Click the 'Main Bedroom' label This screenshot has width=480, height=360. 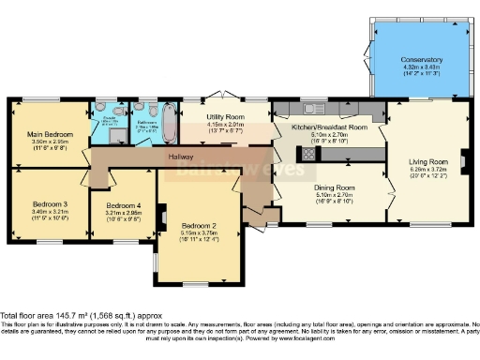(x=46, y=134)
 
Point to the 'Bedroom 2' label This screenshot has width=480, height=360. (x=200, y=226)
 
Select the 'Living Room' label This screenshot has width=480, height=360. (x=427, y=161)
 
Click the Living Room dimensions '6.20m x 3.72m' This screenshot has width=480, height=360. (x=427, y=171)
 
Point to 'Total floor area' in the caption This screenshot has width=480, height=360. (x=29, y=315)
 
